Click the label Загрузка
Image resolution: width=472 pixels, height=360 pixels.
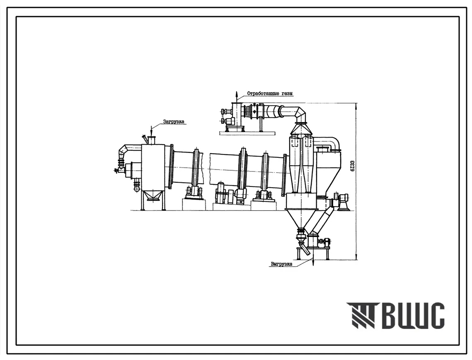pos(173,122)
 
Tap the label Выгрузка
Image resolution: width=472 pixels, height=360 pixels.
pos(281,264)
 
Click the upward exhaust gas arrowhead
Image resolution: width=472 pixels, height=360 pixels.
pos(237,93)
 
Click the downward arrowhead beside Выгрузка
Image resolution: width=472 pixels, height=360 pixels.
pos(313,263)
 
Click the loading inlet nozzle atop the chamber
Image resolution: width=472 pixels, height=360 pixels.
pos(151,140)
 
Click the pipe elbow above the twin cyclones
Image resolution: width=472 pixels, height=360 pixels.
pos(300,114)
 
